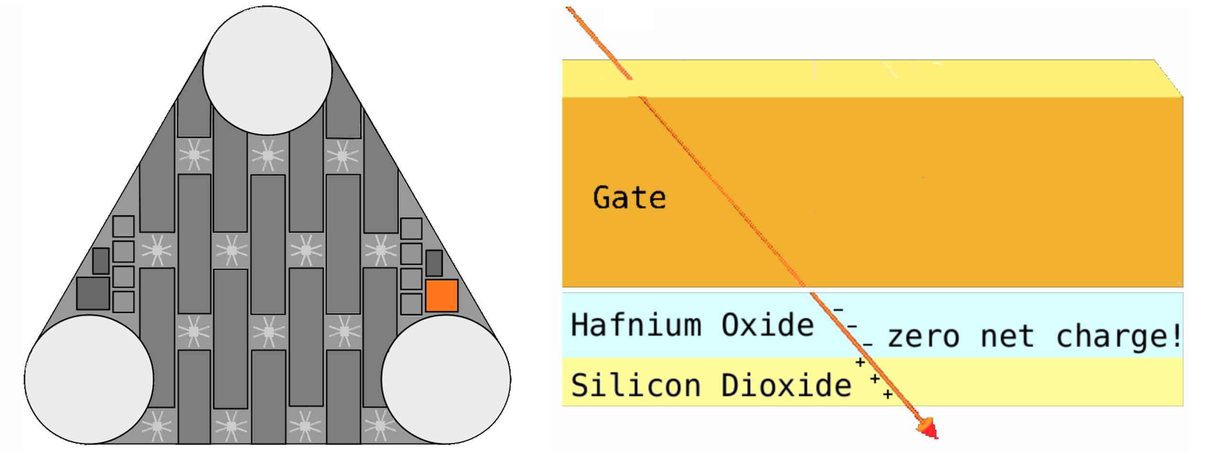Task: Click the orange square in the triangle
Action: click(x=442, y=295)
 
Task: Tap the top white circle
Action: click(x=268, y=71)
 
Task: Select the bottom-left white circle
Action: click(x=89, y=379)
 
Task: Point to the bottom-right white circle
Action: click(x=446, y=379)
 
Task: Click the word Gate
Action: click(x=629, y=198)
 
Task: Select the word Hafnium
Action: click(x=636, y=325)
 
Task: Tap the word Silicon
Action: click(x=636, y=385)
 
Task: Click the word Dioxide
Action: click(x=786, y=385)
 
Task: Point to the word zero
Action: click(x=923, y=337)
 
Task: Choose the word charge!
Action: click(x=1119, y=337)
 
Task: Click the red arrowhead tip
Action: click(x=937, y=438)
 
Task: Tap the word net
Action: click(x=1008, y=337)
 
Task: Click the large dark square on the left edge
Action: click(x=93, y=294)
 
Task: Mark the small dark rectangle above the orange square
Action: click(x=434, y=263)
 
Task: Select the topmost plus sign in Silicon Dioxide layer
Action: click(x=860, y=362)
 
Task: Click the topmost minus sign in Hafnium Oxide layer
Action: click(x=838, y=310)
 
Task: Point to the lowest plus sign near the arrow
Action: click(x=888, y=394)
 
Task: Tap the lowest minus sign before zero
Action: click(x=868, y=344)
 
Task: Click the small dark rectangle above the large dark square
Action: click(x=101, y=261)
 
